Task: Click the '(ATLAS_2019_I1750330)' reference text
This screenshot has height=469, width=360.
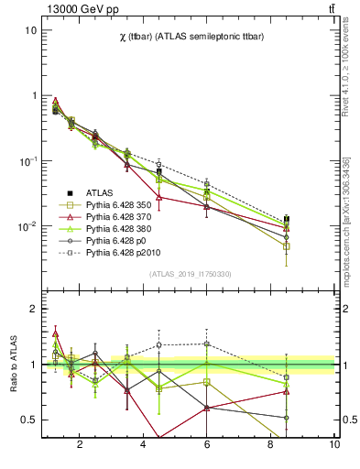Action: click(x=190, y=274)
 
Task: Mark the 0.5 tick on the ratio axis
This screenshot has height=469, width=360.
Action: click(x=29, y=420)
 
